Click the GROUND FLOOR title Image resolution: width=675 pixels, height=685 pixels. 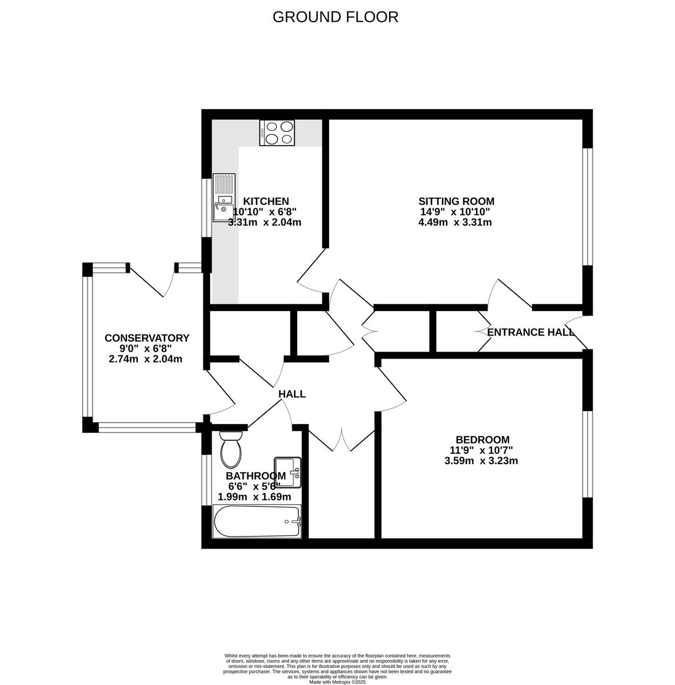[335, 17]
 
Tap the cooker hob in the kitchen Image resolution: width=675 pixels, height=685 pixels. [277, 133]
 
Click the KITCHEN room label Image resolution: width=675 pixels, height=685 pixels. [266, 202]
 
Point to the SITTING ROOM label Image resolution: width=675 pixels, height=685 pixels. [456, 201]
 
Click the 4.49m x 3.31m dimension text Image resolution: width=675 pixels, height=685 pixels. [455, 223]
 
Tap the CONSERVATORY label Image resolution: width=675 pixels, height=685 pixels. [146, 338]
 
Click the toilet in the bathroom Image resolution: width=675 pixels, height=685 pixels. [231, 449]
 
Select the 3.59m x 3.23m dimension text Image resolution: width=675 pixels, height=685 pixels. [481, 461]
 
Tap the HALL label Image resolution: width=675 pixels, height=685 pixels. [292, 394]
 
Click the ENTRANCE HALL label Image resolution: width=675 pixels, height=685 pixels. [530, 332]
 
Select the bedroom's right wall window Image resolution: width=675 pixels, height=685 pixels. [587, 454]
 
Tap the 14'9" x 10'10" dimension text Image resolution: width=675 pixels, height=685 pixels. [455, 212]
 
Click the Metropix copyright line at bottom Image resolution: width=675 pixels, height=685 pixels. [337, 682]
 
